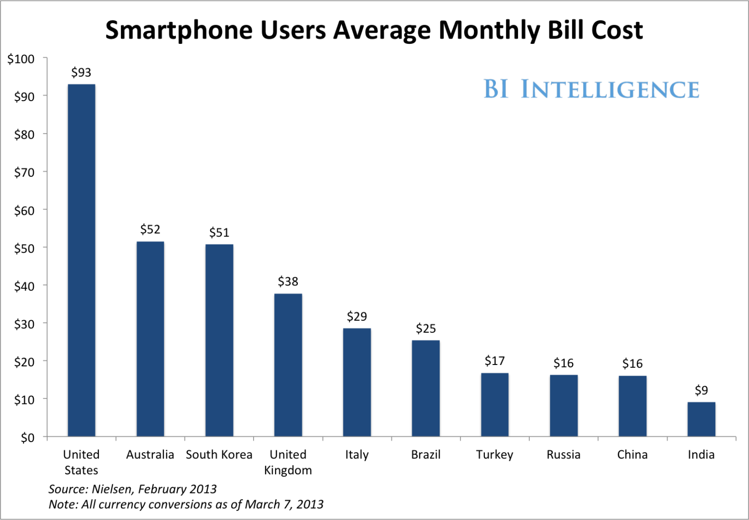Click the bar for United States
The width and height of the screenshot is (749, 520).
pos(81,260)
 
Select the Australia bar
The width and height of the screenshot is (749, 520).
pos(150,339)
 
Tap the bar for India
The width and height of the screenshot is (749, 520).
pos(701,419)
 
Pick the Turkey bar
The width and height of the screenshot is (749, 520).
pos(495,404)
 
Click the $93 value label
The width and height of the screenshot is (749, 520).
pos(81,73)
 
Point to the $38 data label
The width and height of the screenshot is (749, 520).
pos(288,282)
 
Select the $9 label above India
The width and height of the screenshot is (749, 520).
pos(701,390)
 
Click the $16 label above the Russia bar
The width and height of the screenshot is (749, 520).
pos(563,364)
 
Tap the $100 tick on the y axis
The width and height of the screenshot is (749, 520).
pos(21,59)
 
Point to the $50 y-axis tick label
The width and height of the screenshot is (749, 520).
pos(24,248)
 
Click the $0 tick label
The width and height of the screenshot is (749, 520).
pos(27,438)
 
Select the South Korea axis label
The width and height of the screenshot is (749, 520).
pos(219,455)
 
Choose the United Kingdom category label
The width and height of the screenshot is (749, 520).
pos(288,462)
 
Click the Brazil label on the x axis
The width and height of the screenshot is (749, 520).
pos(426,455)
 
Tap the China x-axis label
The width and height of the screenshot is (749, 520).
pos(632,455)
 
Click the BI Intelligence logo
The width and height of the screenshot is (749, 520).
pos(591,90)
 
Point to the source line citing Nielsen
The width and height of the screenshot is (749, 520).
pos(133,489)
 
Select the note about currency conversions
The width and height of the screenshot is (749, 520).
pos(186,505)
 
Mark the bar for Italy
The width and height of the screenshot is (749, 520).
pos(357,382)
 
